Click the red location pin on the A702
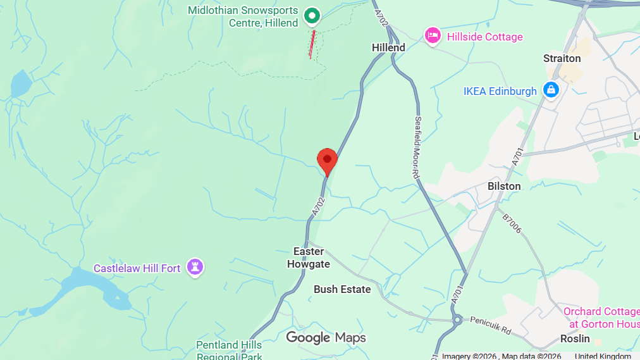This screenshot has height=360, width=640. [327, 160]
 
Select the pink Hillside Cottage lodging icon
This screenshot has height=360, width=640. [433, 36]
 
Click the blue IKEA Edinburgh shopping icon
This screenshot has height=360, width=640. [551, 90]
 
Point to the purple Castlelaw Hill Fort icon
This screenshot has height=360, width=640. [195, 268]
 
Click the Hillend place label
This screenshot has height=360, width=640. [388, 47]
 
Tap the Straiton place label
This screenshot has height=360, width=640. [562, 58]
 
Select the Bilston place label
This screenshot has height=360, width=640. [504, 186]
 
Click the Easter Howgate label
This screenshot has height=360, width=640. [309, 258]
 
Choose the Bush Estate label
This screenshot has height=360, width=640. [342, 289]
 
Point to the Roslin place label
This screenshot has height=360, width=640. [575, 338]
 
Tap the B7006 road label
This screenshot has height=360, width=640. [512, 223]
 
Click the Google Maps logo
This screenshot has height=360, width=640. [326, 338]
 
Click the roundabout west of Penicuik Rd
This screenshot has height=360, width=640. [457, 321]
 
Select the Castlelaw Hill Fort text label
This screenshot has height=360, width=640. [137, 268]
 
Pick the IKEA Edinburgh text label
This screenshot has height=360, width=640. [500, 91]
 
